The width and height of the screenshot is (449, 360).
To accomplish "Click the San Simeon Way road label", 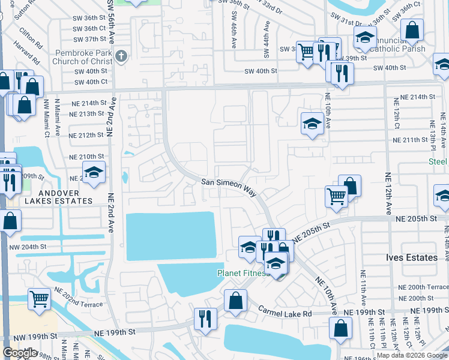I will click(229, 187).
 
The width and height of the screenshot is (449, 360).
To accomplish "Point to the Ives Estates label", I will click(411, 257).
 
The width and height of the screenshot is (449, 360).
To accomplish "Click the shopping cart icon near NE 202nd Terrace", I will click(40, 298).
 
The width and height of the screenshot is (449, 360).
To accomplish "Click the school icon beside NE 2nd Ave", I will click(94, 173).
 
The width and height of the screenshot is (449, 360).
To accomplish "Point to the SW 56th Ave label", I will click(110, 24).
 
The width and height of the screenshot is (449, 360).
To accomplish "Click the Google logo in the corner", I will click(20, 353).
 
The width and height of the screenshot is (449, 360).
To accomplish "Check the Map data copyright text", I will click(412, 355).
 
